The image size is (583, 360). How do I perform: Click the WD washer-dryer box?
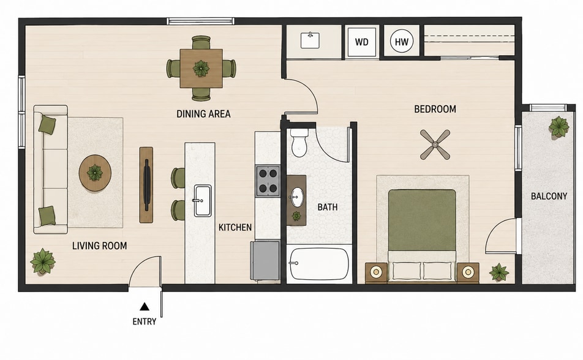pyautogui.click(x=361, y=42)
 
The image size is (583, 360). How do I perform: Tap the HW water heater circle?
pyautogui.click(x=402, y=42)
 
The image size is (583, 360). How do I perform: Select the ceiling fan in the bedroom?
pyautogui.click(x=435, y=144)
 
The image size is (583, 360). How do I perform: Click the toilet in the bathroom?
pyautogui.click(x=299, y=143)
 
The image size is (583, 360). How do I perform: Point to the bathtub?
pyautogui.click(x=320, y=264)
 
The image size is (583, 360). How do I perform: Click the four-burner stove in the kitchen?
pyautogui.click(x=268, y=181)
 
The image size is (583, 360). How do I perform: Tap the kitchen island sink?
pyautogui.click(x=203, y=200)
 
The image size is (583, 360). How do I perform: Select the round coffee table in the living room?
pyautogui.click(x=95, y=173)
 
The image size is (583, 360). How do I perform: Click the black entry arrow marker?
pyautogui.click(x=145, y=307)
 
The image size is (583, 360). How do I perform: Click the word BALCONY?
pyautogui.click(x=549, y=196)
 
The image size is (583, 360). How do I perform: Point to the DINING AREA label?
pyautogui.click(x=203, y=114)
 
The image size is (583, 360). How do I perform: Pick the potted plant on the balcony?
pyautogui.click(x=559, y=127)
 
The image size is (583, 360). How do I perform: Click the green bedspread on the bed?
pyautogui.click(x=422, y=220)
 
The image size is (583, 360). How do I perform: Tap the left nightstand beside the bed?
pyautogui.click(x=376, y=272)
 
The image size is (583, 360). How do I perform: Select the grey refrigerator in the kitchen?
pyautogui.click(x=265, y=260)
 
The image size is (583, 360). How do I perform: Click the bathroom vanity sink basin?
pyautogui.click(x=297, y=197)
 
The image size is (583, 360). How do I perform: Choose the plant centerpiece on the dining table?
pyautogui.click(x=201, y=69)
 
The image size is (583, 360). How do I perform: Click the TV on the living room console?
pyautogui.click(x=147, y=186)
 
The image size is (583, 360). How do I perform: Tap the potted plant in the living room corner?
pyautogui.click(x=43, y=261)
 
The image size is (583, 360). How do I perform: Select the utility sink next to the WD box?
pyautogui.click(x=310, y=40)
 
